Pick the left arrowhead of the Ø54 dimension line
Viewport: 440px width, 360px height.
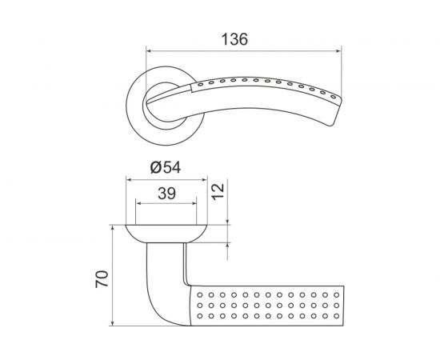[129, 178]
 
